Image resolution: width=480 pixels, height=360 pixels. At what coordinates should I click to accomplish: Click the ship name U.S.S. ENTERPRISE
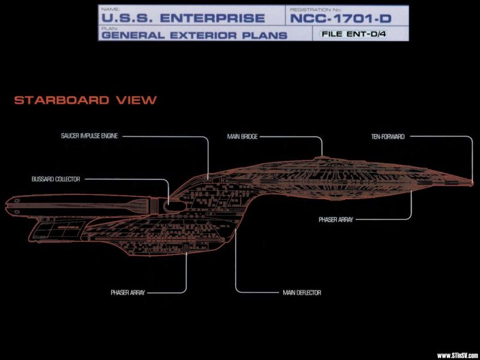tap(182, 19)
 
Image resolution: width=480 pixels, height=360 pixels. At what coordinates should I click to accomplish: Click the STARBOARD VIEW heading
tap(85, 100)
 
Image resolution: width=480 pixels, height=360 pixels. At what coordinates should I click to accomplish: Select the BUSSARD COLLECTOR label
tap(56, 179)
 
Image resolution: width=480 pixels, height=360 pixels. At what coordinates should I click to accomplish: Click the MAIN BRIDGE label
tap(242, 137)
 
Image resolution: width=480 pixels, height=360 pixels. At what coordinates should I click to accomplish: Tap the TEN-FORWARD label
tap(388, 137)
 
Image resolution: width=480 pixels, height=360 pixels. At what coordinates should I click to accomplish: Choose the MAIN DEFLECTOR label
tap(302, 293)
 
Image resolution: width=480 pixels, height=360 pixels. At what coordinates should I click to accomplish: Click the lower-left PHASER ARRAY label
tap(128, 293)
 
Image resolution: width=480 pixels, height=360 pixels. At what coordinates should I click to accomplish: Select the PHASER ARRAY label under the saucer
tap(336, 220)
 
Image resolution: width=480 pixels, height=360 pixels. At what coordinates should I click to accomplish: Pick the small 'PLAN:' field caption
tap(106, 28)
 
